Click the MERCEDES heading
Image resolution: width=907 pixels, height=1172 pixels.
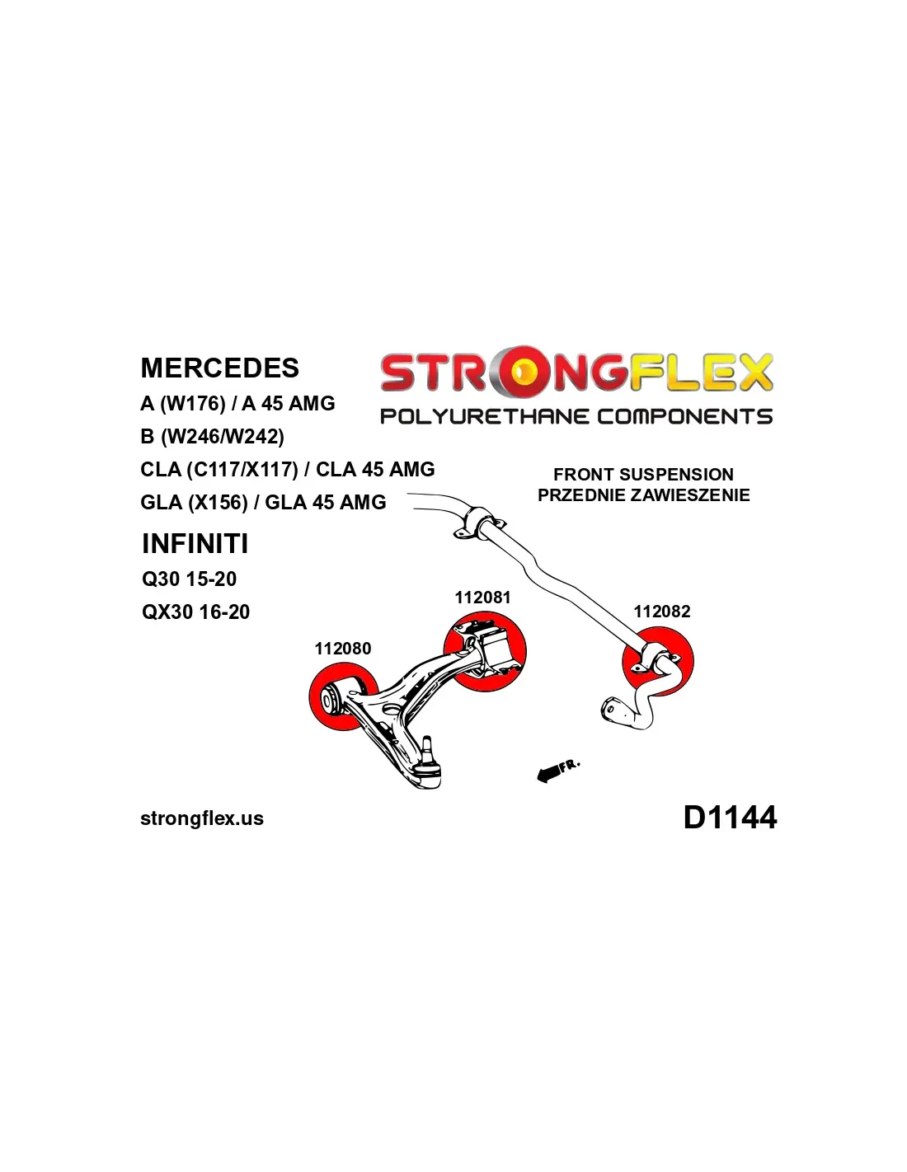coord(219,368)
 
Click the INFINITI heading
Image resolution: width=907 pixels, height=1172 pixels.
coord(195,544)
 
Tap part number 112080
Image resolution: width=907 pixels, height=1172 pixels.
coord(342,649)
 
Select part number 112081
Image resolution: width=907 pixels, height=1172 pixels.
coord(482,598)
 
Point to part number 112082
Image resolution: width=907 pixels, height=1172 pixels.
coord(661,612)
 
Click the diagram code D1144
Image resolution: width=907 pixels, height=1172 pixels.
coord(730,818)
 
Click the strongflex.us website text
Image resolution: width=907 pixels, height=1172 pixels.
coord(202,818)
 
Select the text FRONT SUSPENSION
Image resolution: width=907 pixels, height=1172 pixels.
coord(643,475)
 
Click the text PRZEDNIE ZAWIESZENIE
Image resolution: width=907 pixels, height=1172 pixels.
coord(643,495)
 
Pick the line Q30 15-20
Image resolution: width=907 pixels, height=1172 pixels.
coord(189,579)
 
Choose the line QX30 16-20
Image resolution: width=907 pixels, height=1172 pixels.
coord(195,612)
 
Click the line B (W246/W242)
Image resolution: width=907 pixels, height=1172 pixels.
coord(212,436)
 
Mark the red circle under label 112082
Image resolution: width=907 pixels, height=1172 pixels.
coord(658,662)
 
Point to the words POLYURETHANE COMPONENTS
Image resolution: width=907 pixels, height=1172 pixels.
coord(576,416)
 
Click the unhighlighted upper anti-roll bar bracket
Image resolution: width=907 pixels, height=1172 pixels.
coord(478,523)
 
